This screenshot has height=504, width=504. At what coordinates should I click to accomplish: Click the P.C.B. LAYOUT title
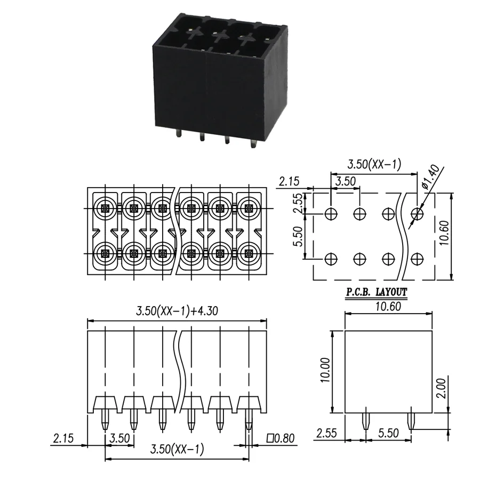click(x=377, y=292)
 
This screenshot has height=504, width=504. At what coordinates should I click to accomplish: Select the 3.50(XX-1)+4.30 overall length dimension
click(x=177, y=311)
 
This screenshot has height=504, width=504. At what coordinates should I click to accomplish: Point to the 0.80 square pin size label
click(x=281, y=438)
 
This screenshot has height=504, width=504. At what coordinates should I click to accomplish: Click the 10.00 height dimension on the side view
click(x=325, y=370)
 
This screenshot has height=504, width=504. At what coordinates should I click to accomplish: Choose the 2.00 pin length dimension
click(x=441, y=389)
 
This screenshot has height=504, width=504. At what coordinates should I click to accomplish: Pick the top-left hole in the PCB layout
click(x=331, y=213)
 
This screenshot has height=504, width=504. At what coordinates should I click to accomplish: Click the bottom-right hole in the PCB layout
click(x=417, y=258)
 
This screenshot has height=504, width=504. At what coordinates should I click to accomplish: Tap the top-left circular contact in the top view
click(x=105, y=209)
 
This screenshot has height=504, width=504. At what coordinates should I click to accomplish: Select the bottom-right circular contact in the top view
click(x=249, y=254)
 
